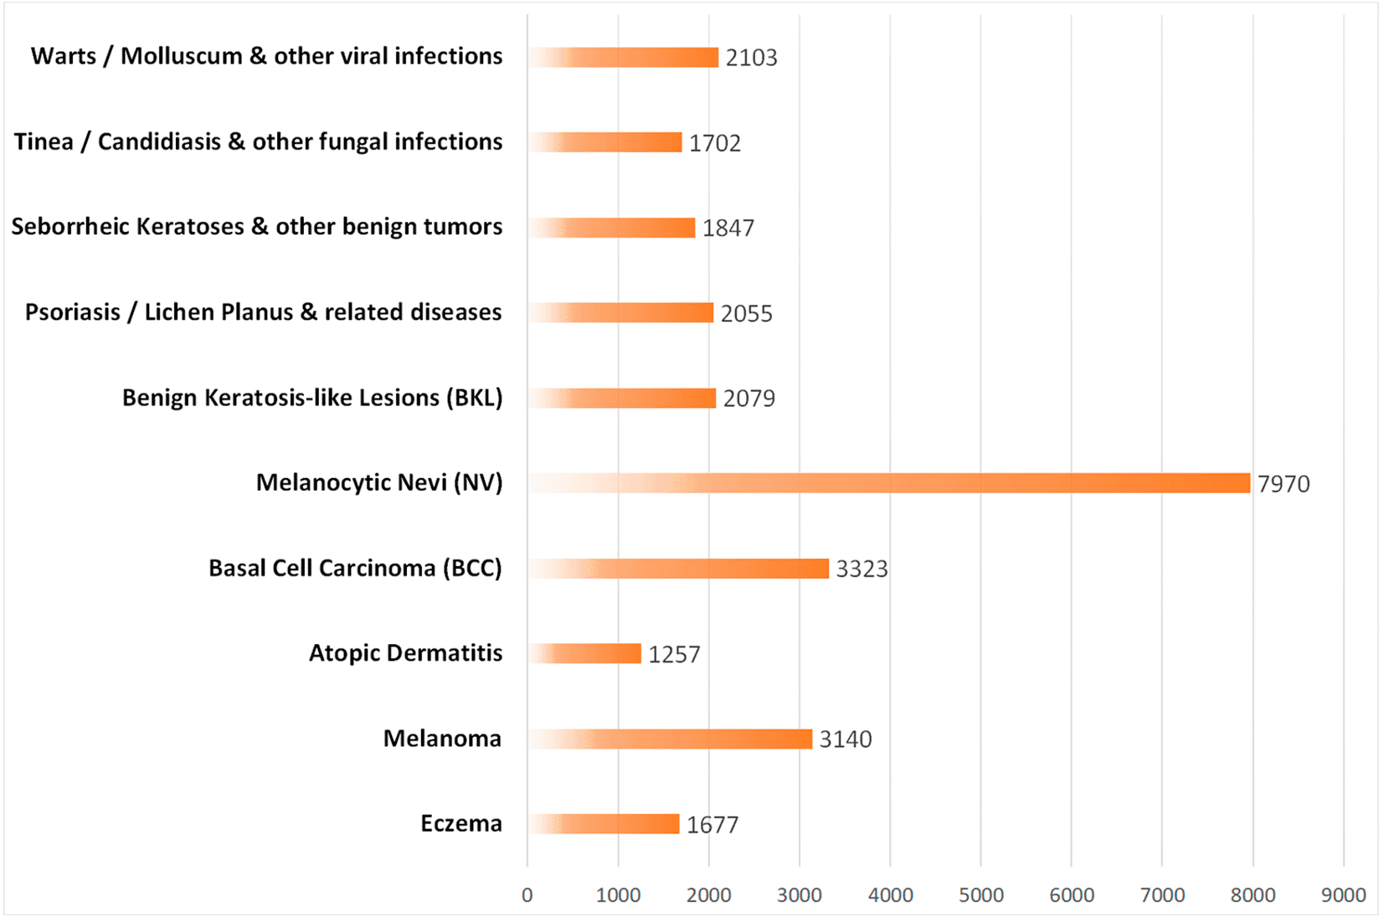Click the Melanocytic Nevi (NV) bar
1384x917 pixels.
point(889,483)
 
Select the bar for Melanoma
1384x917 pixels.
point(670,739)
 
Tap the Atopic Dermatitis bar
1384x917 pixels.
point(584,653)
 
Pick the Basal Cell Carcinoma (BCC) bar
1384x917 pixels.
point(678,569)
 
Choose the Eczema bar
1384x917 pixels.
point(604,824)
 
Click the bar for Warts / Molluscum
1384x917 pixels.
point(623,57)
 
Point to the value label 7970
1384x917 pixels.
point(1284,484)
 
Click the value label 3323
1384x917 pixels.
point(862,569)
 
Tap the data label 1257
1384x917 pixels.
point(674,654)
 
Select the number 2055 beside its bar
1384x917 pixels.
point(746,313)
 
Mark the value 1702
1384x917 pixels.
point(715,143)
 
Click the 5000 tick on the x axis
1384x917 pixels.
point(980,895)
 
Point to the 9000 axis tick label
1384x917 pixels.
point(1343,895)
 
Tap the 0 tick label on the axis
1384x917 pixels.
point(527,895)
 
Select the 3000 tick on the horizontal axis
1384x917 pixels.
point(800,895)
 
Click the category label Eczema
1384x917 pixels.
point(461,823)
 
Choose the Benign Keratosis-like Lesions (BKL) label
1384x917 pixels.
point(312,397)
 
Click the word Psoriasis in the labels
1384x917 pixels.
point(72,312)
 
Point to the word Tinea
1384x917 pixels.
point(44,142)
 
